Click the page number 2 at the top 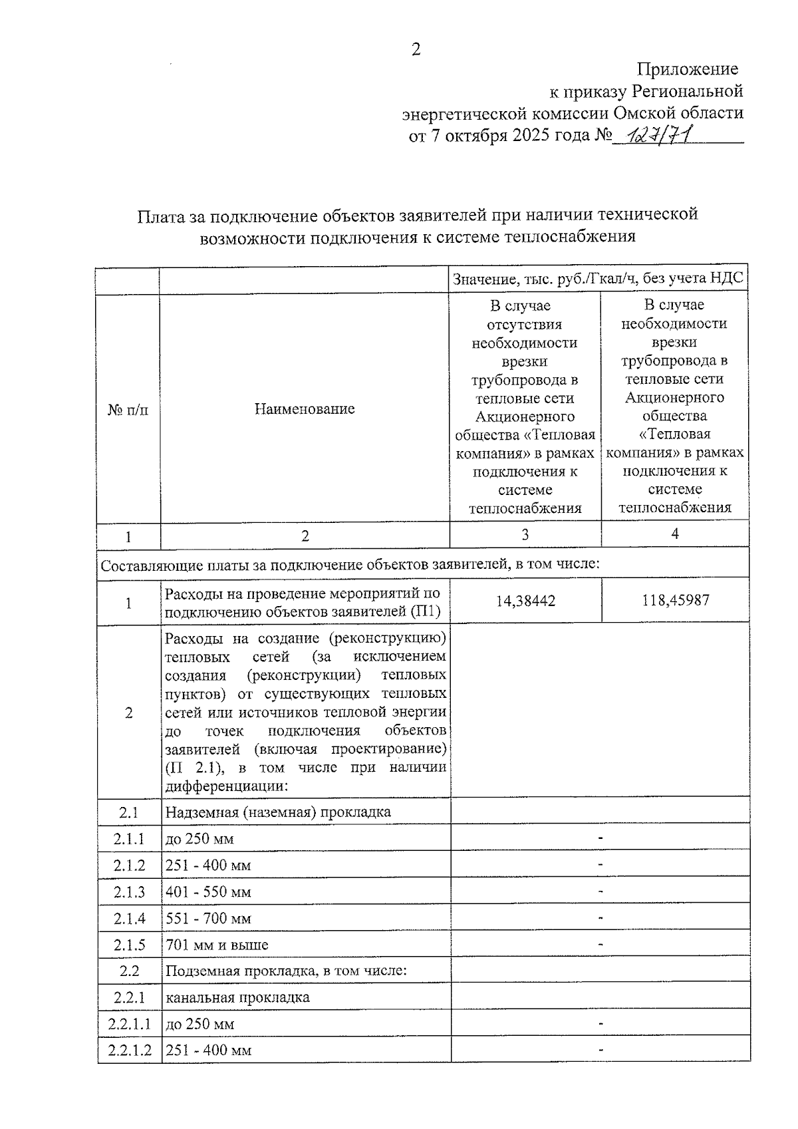416,50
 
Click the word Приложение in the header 688,69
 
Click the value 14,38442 525,601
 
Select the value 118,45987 676,600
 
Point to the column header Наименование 305,408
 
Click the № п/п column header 128,409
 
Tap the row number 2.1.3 129,891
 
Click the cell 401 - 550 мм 208,891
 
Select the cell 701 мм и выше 217,945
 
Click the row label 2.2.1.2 130,1050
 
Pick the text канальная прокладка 237,997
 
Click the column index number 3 525,535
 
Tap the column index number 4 675,534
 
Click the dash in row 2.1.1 600,838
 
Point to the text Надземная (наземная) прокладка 278,812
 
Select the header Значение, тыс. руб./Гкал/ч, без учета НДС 598,279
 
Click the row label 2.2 129,971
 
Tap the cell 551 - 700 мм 208,918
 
